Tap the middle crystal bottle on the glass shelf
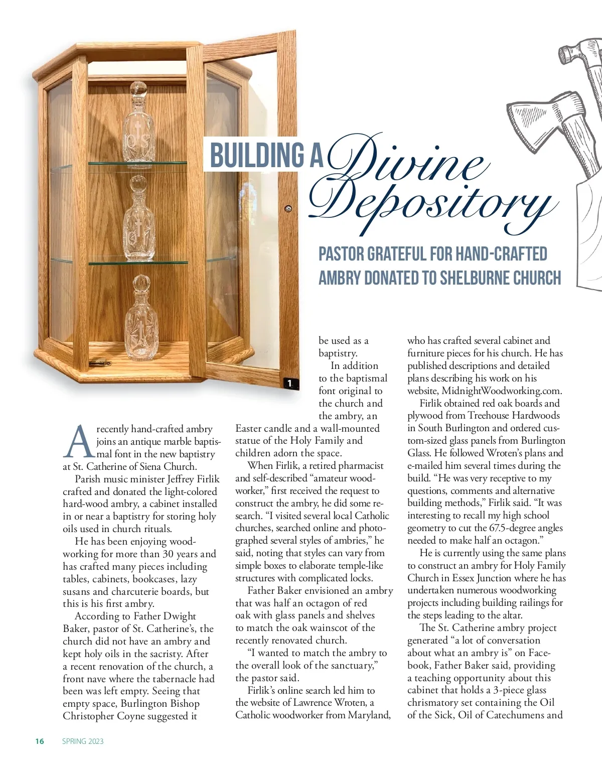pyautogui.click(x=139, y=221)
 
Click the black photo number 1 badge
pyautogui.click(x=289, y=383)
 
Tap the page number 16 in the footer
pyautogui.click(x=40, y=741)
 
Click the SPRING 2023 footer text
pyautogui.click(x=83, y=741)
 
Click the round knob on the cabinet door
pyautogui.click(x=288, y=208)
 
